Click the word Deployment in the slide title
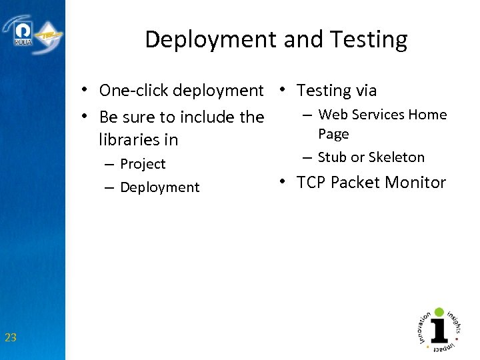point(210,40)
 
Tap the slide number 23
point(11,338)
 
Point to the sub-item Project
point(143,164)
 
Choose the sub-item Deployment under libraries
point(159,187)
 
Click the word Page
point(333,134)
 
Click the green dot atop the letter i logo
point(439,312)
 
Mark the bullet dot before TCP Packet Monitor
point(283,182)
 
